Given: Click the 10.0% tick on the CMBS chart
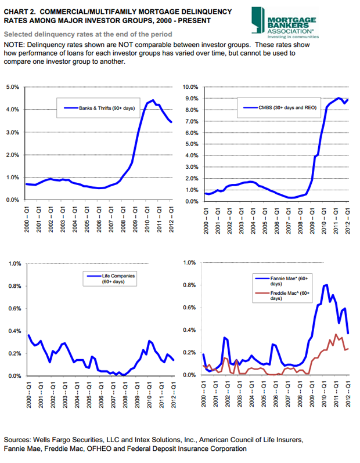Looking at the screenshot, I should click(x=191, y=86).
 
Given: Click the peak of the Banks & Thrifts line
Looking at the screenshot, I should click(x=153, y=100).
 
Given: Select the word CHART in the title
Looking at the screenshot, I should click(x=17, y=11).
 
